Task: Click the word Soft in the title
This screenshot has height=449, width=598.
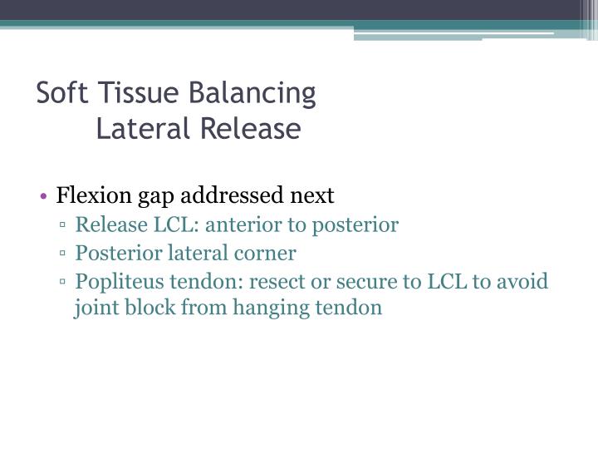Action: (x=59, y=93)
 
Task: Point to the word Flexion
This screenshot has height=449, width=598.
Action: (x=89, y=195)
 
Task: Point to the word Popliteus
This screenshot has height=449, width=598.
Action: (x=112, y=281)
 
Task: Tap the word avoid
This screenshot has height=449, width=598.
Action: (x=523, y=281)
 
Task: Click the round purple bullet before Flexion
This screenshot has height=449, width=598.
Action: (x=43, y=197)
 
